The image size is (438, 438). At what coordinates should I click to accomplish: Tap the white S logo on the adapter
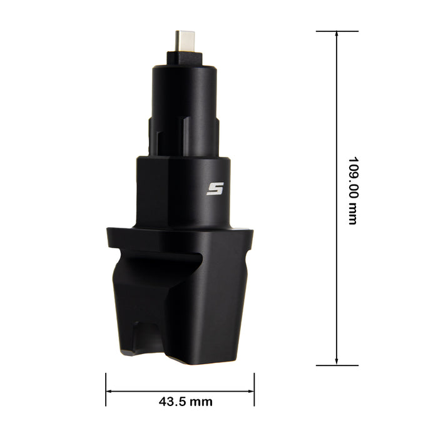(x=215, y=188)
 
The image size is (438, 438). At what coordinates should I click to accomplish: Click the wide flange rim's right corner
(x=252, y=232)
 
